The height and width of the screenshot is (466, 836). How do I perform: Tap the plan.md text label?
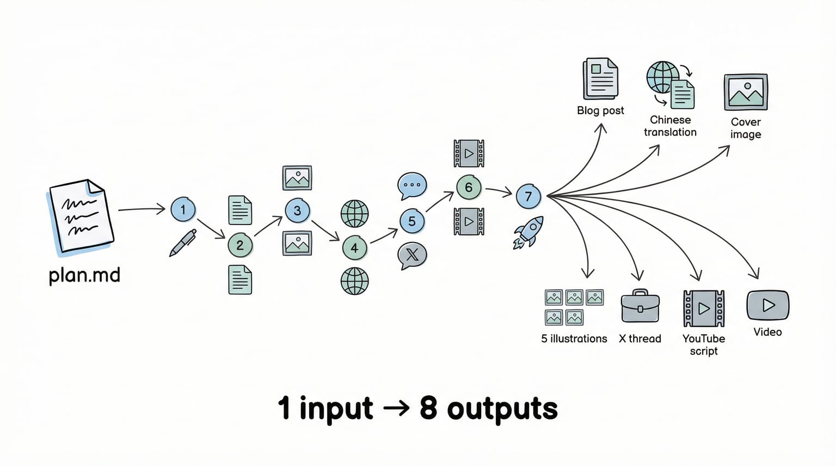click(x=84, y=275)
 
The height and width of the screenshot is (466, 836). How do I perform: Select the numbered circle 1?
click(x=183, y=209)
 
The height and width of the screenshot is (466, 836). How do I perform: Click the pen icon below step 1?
click(x=182, y=243)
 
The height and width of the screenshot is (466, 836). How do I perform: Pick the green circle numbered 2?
click(x=240, y=245)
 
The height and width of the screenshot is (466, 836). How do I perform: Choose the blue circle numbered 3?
click(x=297, y=211)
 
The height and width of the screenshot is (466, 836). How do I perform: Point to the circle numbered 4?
click(x=354, y=248)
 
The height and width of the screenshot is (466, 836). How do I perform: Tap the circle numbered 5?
click(x=412, y=221)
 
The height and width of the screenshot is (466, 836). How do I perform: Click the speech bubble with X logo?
click(x=412, y=255)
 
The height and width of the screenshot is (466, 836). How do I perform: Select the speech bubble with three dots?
click(x=412, y=186)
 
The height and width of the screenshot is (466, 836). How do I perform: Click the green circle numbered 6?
click(x=469, y=188)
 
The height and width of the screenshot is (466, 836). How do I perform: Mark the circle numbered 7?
click(x=528, y=196)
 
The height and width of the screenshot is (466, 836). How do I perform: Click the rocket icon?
click(x=528, y=232)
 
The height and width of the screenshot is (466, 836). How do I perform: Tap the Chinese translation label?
click(x=670, y=126)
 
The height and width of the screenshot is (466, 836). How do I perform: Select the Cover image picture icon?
click(x=746, y=92)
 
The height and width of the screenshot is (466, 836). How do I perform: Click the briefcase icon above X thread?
click(x=640, y=307)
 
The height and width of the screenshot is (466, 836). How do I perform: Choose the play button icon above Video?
click(x=767, y=305)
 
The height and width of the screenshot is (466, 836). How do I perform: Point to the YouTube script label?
click(x=704, y=344)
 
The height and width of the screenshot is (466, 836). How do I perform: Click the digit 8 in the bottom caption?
click(x=428, y=408)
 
